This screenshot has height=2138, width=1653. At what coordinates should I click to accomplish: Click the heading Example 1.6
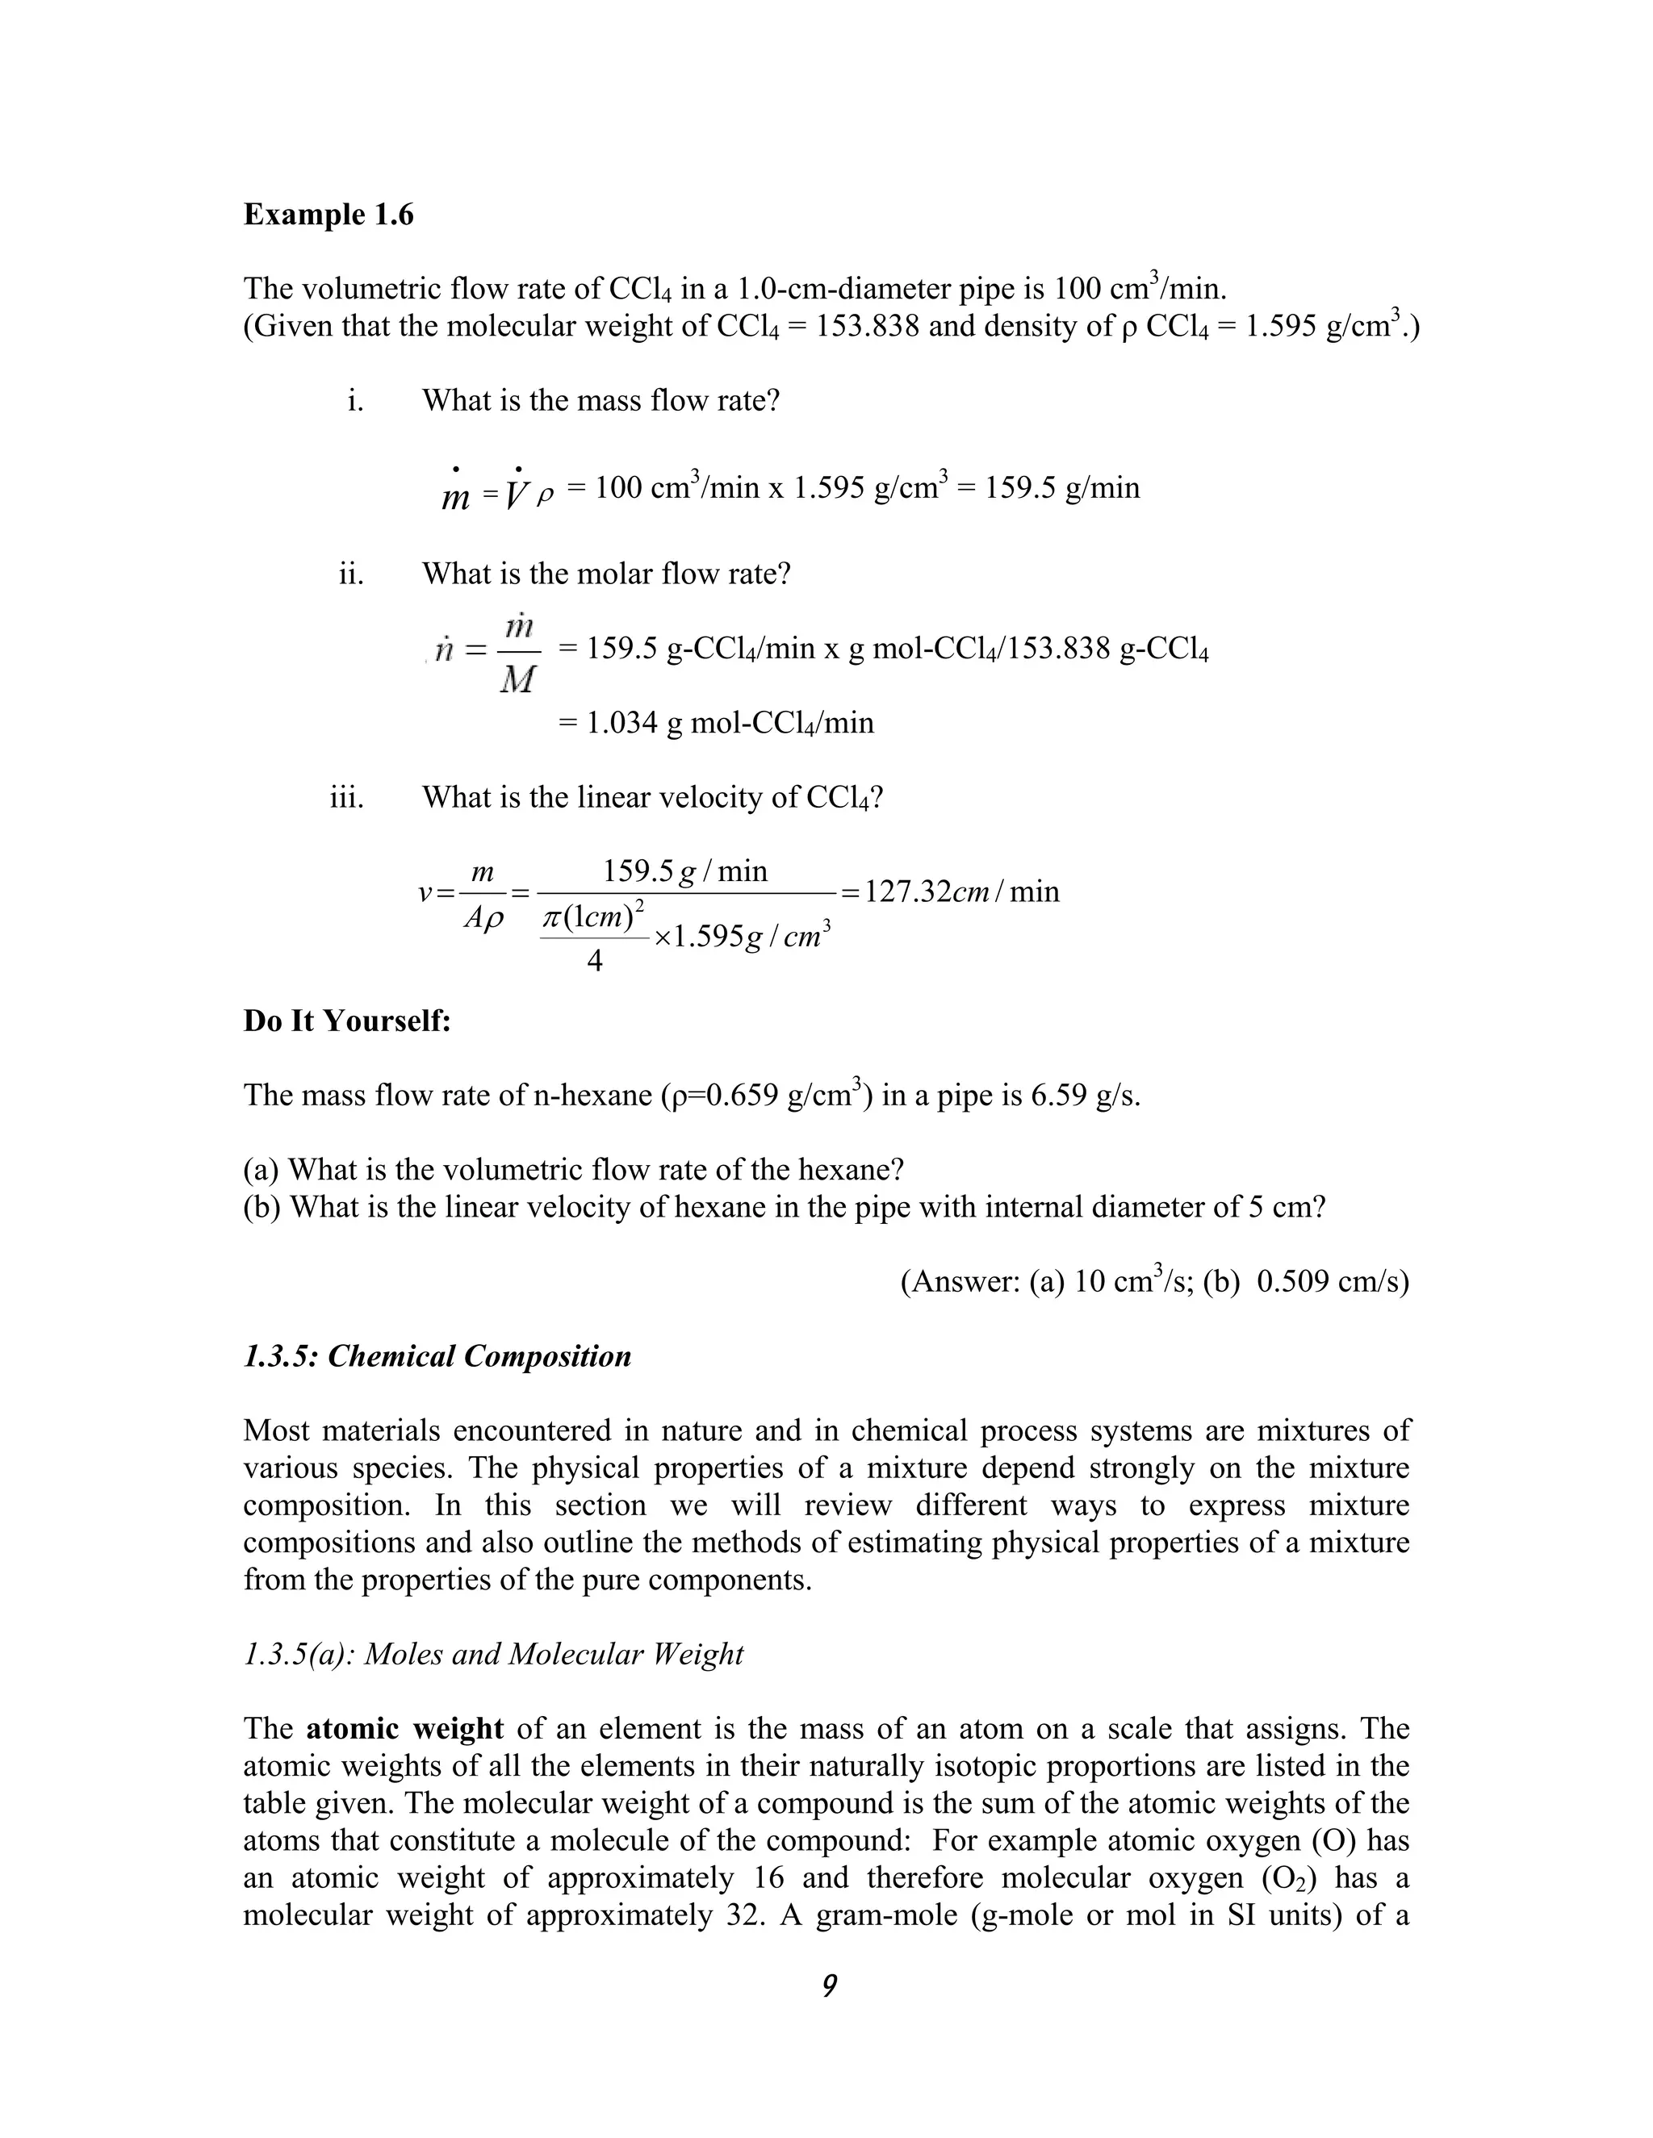tap(328, 215)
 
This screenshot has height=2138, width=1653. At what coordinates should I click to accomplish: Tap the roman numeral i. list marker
tap(355, 400)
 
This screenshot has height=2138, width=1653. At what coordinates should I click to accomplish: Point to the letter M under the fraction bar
tap(517, 679)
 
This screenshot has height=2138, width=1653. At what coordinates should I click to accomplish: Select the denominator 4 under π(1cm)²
tap(593, 963)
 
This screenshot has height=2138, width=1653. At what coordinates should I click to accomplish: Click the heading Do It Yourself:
tap(346, 1021)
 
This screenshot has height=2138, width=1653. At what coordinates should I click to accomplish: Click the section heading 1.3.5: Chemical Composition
tap(437, 1357)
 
